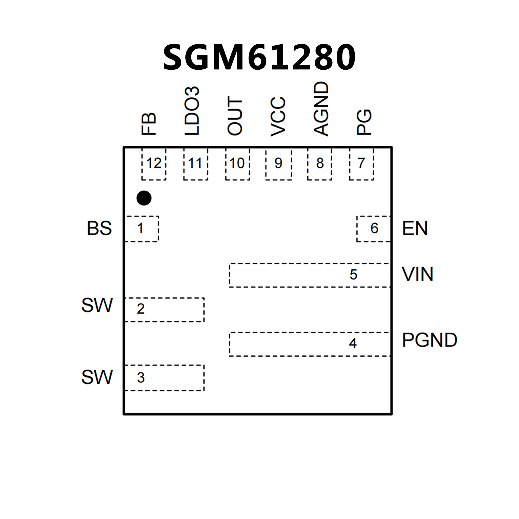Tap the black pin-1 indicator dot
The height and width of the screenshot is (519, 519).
[x=144, y=198]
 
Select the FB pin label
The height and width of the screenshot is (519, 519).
[x=149, y=124]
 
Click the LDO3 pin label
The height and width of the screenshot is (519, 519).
[x=192, y=111]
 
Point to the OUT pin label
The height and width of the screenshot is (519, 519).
[x=235, y=116]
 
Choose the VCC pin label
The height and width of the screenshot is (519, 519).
[x=278, y=117]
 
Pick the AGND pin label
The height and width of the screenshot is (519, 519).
[x=321, y=109]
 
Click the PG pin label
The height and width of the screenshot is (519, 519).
[x=364, y=122]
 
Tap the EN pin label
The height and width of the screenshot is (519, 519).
[x=415, y=228]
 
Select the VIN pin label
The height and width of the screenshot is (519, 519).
[x=418, y=274]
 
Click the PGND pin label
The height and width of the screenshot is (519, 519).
[x=429, y=340]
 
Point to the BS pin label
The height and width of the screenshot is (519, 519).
[x=99, y=228]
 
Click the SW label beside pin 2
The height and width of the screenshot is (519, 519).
[x=97, y=305]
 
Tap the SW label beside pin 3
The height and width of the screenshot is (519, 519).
[x=97, y=377]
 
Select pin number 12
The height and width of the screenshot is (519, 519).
[x=154, y=163]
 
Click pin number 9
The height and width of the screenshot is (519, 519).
[x=278, y=163]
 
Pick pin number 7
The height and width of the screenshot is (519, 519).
[x=361, y=163]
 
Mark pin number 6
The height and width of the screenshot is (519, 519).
[x=374, y=228]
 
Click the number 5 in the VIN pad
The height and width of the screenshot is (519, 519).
[x=353, y=275]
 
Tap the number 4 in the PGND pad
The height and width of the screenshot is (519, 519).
[x=353, y=344]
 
